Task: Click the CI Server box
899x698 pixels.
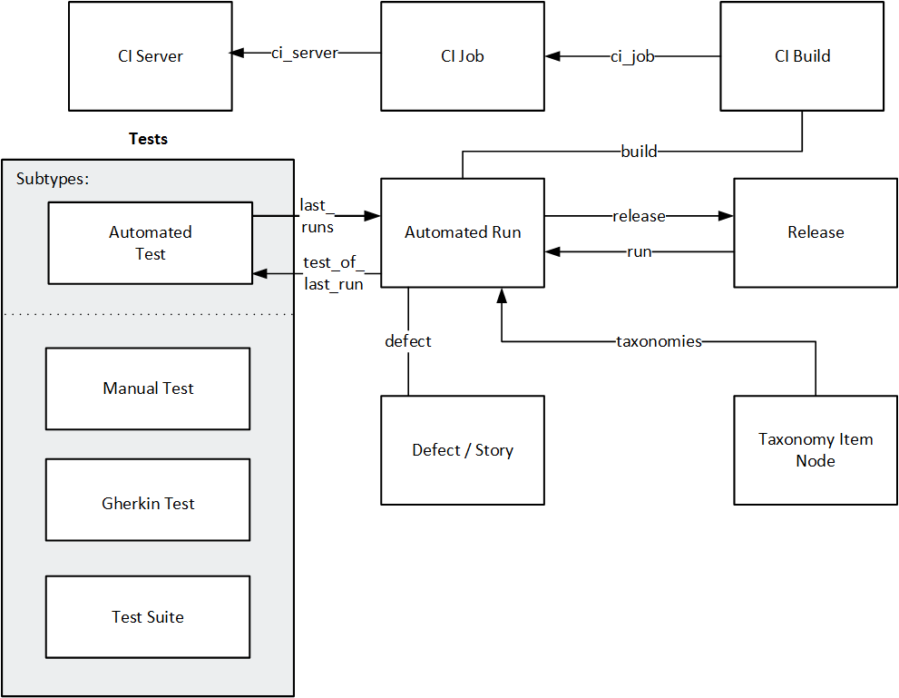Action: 150,56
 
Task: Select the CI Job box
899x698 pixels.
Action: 462,56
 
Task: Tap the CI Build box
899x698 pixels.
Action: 802,56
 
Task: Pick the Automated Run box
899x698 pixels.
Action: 462,232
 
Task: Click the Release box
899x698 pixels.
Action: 815,232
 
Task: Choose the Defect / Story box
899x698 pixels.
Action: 462,450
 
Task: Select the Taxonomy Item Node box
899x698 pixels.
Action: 815,450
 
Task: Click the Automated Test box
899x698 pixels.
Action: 150,243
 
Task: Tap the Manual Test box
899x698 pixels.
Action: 148,388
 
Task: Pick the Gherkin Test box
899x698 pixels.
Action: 148,503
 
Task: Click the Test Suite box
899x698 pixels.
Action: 148,617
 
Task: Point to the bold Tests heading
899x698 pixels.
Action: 148,139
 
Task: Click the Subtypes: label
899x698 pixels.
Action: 53,179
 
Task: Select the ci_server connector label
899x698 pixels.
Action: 304,54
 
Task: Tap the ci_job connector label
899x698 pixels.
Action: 631,56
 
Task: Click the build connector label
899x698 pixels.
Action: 639,151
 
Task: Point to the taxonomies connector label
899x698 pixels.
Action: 659,342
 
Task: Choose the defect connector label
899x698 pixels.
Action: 408,341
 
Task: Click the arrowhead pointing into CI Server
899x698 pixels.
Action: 237,54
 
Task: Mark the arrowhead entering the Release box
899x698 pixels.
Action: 726,216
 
